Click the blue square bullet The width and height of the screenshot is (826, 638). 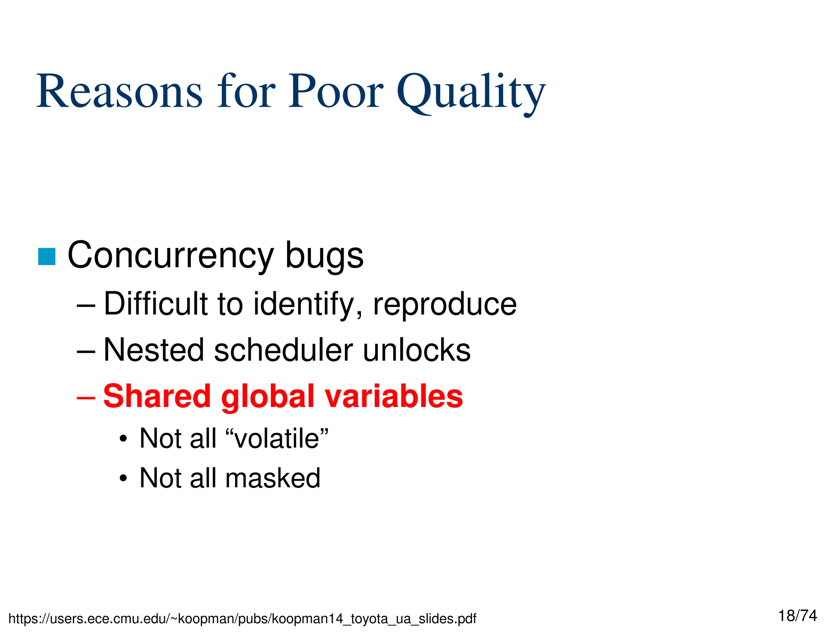tap(46, 256)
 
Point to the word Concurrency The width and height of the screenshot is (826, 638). tap(171, 256)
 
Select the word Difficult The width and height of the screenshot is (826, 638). tap(155, 304)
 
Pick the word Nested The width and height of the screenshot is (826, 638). tap(154, 350)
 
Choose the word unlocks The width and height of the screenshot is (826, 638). tap(417, 350)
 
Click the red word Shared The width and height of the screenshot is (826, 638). tap(157, 396)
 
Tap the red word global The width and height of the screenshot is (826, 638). tap(268, 397)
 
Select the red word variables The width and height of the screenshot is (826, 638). tap(394, 396)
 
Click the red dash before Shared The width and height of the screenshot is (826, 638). tap(86, 397)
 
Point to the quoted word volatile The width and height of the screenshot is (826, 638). tap(277, 438)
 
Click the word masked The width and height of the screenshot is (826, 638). tap(273, 478)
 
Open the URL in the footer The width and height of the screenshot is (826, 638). tap(242, 619)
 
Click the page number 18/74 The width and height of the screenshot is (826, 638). tap(797, 616)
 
